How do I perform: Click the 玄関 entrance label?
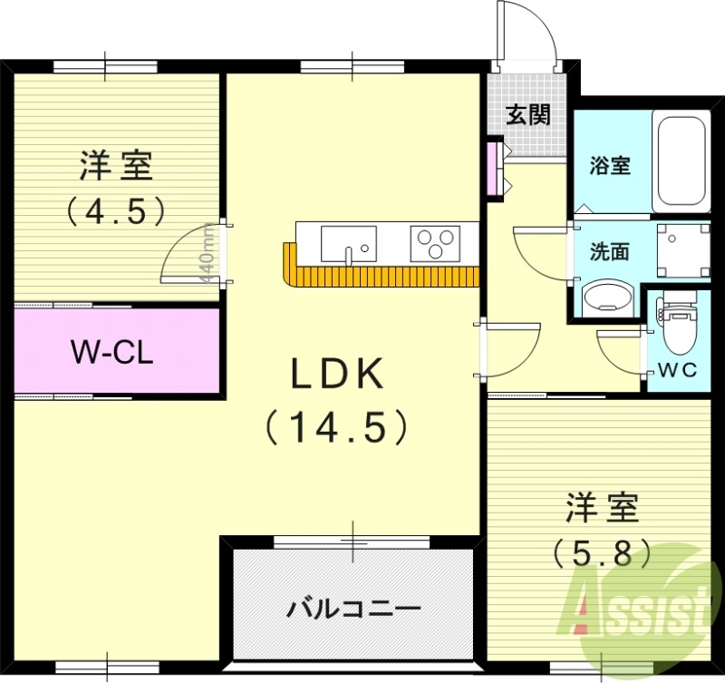click(x=527, y=115)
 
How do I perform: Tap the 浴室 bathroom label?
click(x=609, y=166)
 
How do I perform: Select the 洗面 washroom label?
click(x=609, y=251)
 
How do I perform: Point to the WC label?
click(x=676, y=370)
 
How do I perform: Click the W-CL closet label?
click(x=111, y=351)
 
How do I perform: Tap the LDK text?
click(x=336, y=373)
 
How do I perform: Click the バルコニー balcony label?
click(x=353, y=608)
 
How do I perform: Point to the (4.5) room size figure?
click(x=115, y=210)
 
